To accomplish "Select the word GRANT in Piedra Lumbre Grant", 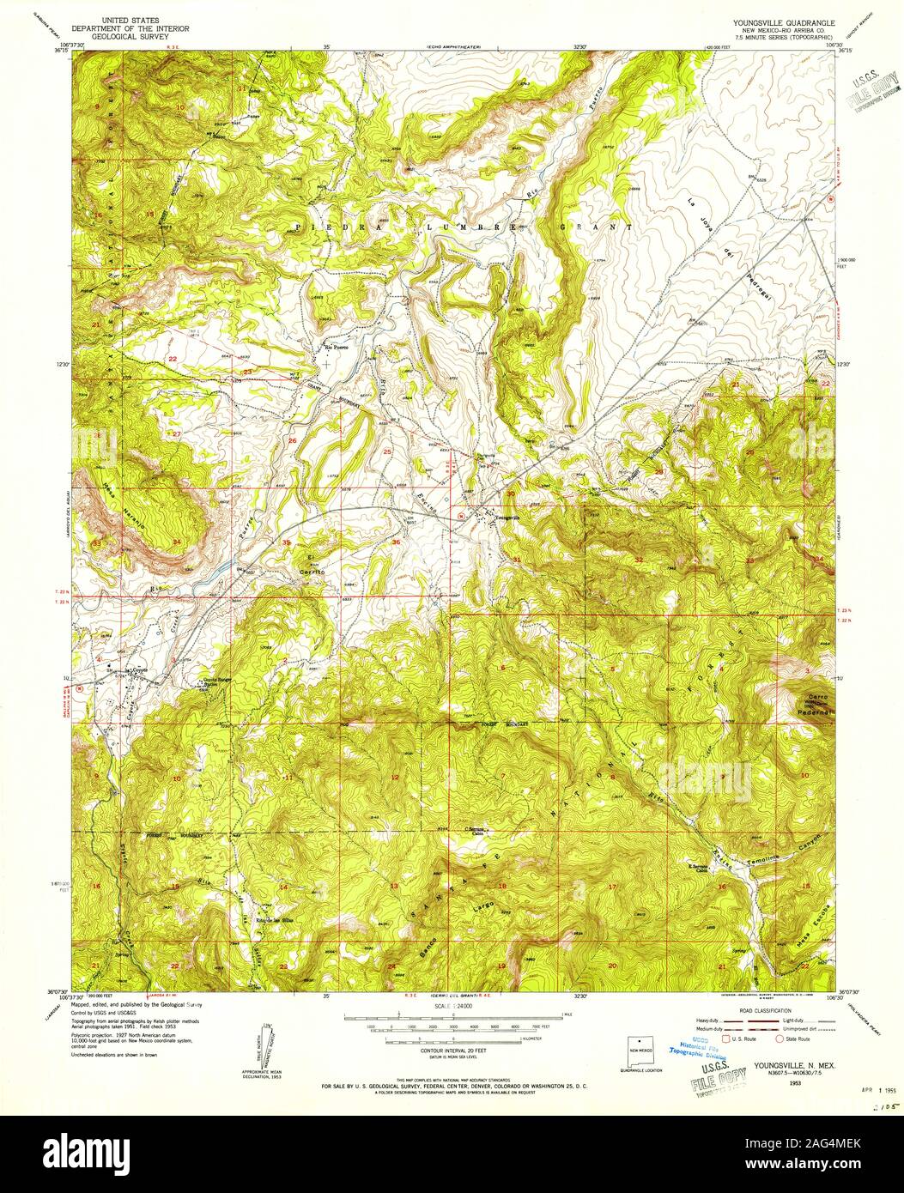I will [594, 227].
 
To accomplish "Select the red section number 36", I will [396, 542].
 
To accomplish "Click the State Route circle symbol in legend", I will [779, 1038].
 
